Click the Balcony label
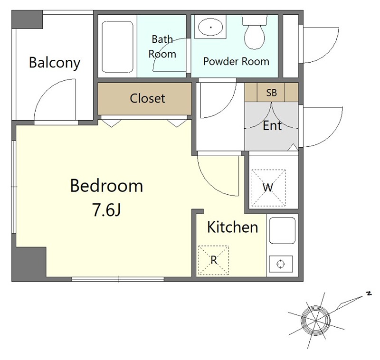(55, 63)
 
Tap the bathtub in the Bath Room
(117, 47)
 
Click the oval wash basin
(210, 27)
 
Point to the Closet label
(147, 98)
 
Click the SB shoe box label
(271, 93)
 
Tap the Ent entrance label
(272, 126)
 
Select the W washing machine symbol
(268, 188)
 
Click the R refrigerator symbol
(213, 260)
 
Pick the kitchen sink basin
(282, 231)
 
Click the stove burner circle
(281, 264)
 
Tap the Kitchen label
(233, 227)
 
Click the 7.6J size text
(106, 209)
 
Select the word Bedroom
(106, 186)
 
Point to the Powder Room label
(236, 62)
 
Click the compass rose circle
(315, 320)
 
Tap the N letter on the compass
(369, 294)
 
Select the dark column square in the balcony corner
(27, 19)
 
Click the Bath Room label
(162, 47)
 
